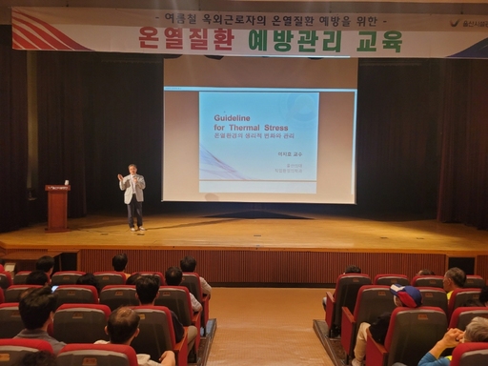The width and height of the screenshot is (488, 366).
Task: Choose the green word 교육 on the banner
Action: [379, 41]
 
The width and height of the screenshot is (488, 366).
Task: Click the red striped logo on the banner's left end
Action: [48, 30]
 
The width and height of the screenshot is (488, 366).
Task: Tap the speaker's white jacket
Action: [134, 189]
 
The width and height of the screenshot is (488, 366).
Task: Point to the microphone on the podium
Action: [66, 181]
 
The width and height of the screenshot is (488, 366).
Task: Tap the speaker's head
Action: [133, 169]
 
